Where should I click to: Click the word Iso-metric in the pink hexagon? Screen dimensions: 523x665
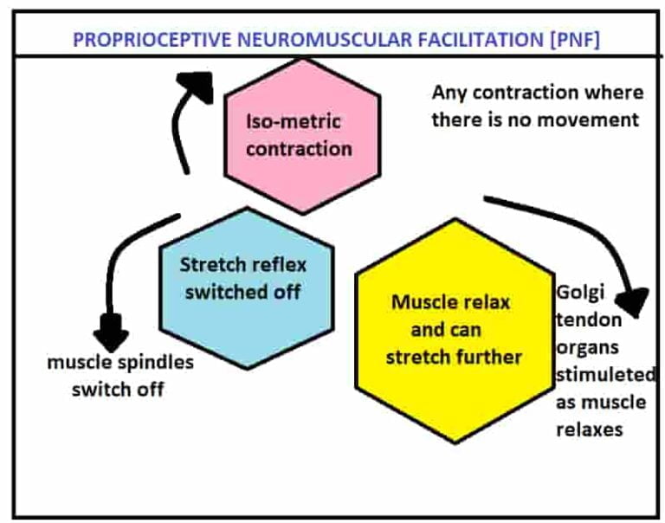pos(294,120)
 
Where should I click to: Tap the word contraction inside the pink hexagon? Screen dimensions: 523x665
pos(299,148)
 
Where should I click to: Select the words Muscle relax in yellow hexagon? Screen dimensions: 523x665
pos(450,302)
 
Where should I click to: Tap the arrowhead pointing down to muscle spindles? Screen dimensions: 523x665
pos(111,333)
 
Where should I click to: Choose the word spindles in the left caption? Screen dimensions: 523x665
pos(158,362)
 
